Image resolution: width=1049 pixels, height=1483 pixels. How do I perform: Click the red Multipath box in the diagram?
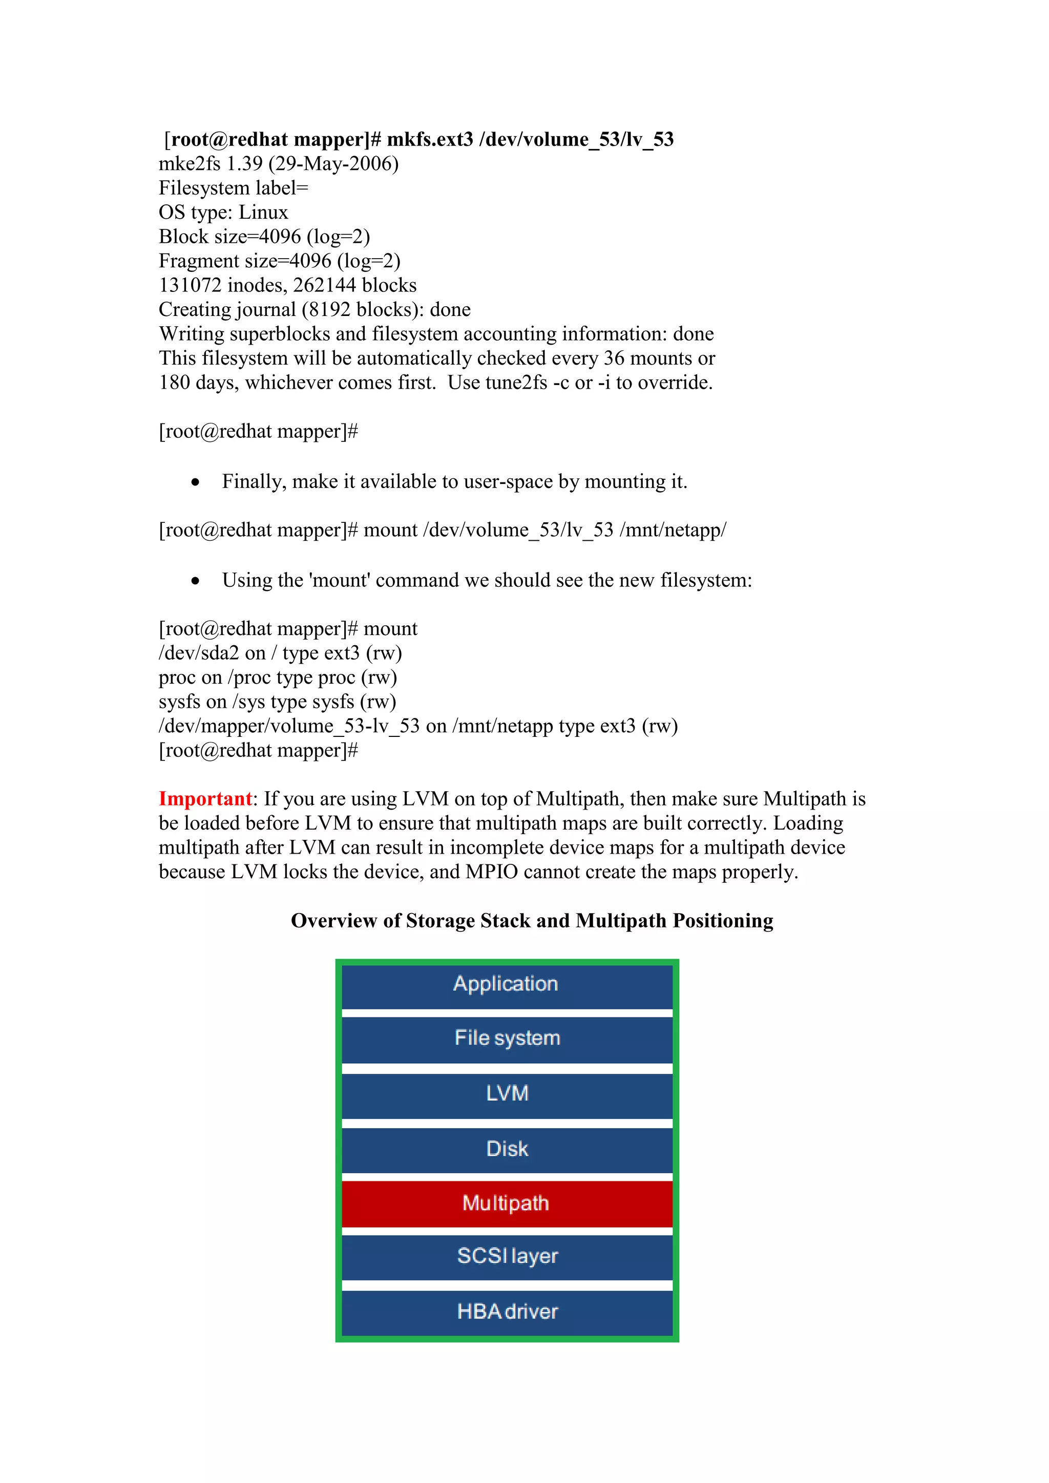pyautogui.click(x=507, y=1203)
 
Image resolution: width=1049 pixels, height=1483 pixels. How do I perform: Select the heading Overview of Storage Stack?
pyautogui.click(x=532, y=920)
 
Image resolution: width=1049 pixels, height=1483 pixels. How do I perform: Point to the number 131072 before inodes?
pyautogui.click(x=191, y=286)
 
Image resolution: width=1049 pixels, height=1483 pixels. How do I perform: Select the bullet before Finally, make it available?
pyautogui.click(x=196, y=482)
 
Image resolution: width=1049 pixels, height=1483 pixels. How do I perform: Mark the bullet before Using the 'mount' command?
pyautogui.click(x=196, y=581)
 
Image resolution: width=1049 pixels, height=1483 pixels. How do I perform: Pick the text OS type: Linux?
pyautogui.click(x=223, y=213)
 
